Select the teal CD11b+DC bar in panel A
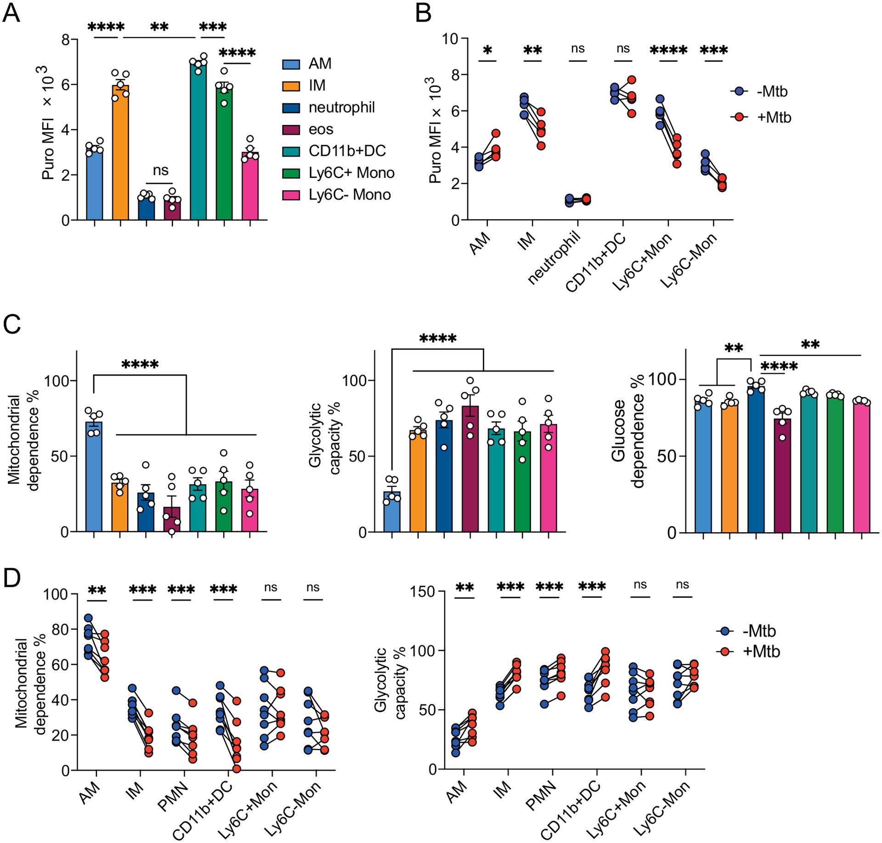tap(198, 142)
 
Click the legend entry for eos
tap(321, 129)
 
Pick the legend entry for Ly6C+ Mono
tap(351, 173)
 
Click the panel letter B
tap(424, 14)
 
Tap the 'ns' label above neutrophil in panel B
tap(577, 48)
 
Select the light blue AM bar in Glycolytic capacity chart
tap(392, 512)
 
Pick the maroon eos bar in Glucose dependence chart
tap(782, 476)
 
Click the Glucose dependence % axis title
tap(628, 443)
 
